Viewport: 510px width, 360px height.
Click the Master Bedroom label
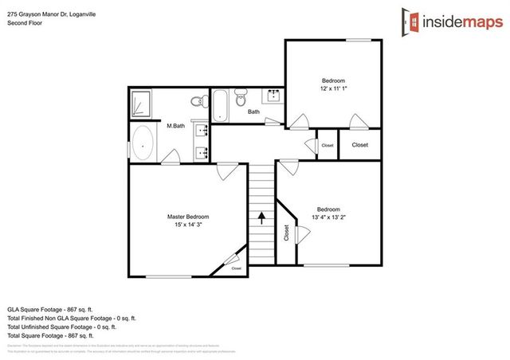point(188,216)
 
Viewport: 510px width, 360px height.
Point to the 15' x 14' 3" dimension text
point(188,225)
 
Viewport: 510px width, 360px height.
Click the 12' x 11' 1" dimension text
point(333,89)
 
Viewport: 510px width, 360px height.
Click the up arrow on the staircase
point(261,215)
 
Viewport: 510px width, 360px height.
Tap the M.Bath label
point(175,126)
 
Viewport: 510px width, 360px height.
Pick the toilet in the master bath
point(196,101)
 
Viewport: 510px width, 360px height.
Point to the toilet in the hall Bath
point(243,98)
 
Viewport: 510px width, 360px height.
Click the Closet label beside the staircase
point(285,232)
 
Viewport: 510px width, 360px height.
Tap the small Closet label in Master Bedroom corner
point(237,268)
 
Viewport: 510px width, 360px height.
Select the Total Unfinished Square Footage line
point(62,327)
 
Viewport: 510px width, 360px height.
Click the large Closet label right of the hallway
point(360,145)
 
